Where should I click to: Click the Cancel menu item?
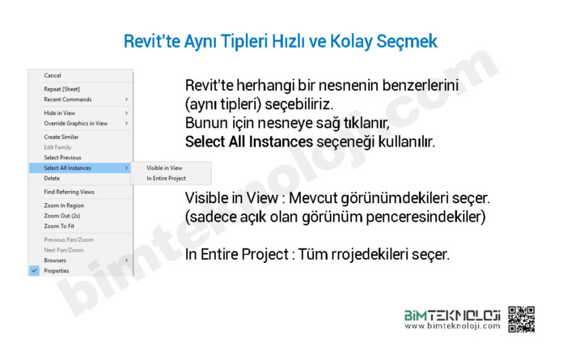coord(53,75)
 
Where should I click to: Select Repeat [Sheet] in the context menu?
coord(61,89)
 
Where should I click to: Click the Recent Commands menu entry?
coord(68,100)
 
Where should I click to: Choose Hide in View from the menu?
coord(60,113)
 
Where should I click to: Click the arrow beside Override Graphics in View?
coord(126,123)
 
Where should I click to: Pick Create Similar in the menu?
coord(61,137)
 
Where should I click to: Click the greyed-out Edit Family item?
coord(57,147)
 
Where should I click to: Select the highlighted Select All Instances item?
coord(67,168)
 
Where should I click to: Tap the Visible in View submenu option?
coord(164,168)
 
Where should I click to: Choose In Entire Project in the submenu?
coord(167,179)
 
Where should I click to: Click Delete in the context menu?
coord(52,179)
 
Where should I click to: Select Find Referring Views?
coord(69,192)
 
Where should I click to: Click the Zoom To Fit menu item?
coord(59,227)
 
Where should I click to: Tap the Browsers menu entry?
coord(55,260)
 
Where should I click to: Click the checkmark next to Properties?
coord(34,270)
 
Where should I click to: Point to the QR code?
coord(522,319)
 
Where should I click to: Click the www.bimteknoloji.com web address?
coord(452,326)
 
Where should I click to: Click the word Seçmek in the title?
coord(407,41)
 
